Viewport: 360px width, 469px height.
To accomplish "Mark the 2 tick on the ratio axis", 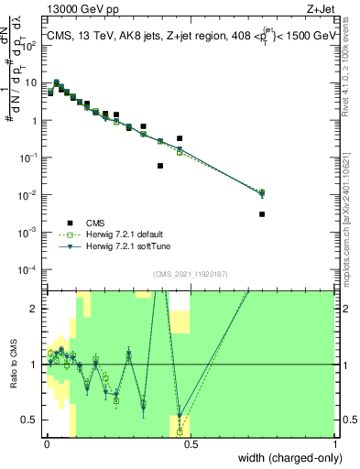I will pyautogui.click(x=34, y=309).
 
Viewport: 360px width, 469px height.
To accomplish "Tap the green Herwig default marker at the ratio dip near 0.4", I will pyautogui.click(x=180, y=431).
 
